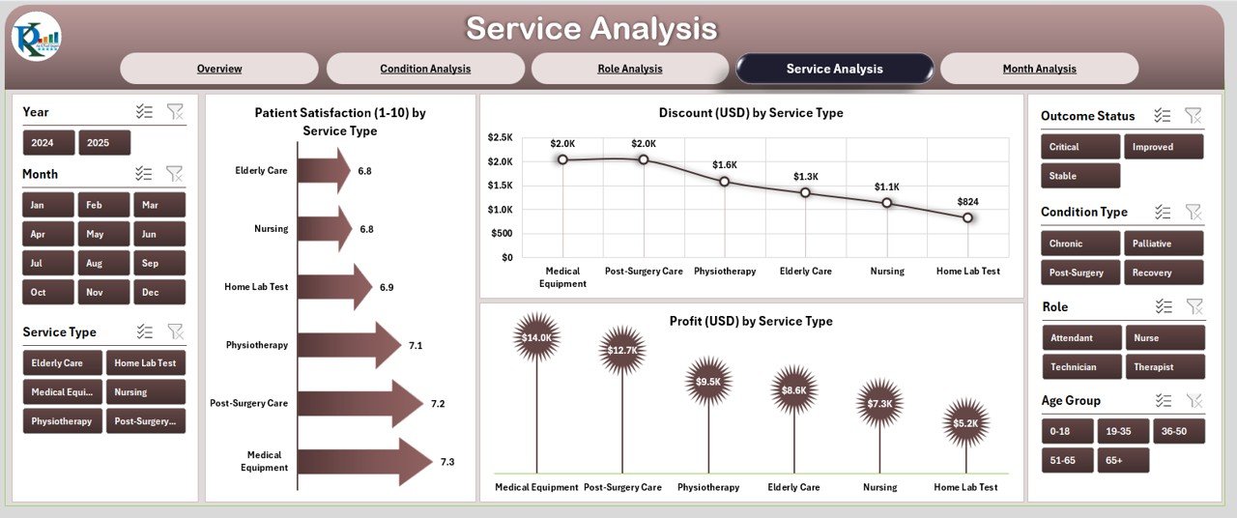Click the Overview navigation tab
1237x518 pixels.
[219, 69]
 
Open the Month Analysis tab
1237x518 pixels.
[1039, 69]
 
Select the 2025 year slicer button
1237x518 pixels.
[103, 143]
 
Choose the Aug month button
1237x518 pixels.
[95, 263]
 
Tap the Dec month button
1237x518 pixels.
[150, 292]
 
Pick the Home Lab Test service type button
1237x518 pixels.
[145, 363]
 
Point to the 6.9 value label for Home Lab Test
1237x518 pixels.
[387, 287]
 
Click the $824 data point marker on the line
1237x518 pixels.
[968, 218]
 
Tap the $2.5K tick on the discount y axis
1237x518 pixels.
[500, 137]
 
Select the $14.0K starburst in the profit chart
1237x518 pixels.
[536, 337]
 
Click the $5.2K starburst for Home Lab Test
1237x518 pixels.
[966, 423]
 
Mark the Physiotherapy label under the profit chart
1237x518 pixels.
[708, 488]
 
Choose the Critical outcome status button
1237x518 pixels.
[1079, 147]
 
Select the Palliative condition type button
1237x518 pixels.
[1163, 244]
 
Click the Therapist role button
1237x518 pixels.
[1164, 367]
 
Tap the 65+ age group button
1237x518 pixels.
[1123, 461]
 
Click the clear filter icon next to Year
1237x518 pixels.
[175, 112]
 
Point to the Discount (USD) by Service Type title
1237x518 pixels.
[751, 113]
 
